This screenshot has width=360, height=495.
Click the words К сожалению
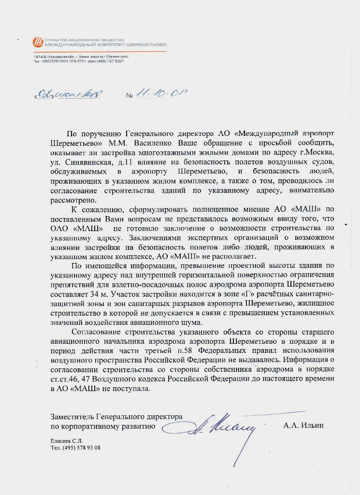(x=94, y=209)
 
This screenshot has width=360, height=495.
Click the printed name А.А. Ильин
(x=303, y=425)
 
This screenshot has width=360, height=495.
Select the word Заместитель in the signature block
(x=73, y=416)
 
